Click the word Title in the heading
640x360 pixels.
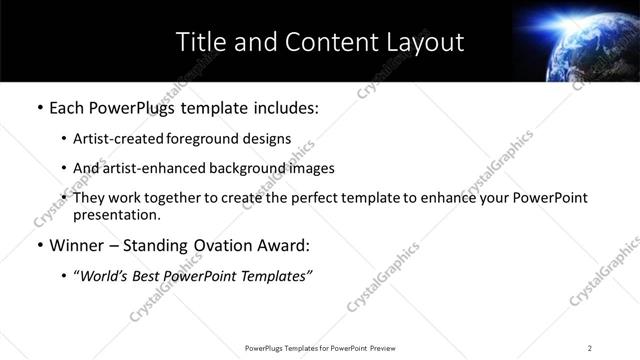199,42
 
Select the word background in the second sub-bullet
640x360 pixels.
252,168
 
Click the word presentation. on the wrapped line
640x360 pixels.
116,215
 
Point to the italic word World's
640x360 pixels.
104,276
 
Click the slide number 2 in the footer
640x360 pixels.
590,348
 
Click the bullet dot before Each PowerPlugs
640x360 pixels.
39,107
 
